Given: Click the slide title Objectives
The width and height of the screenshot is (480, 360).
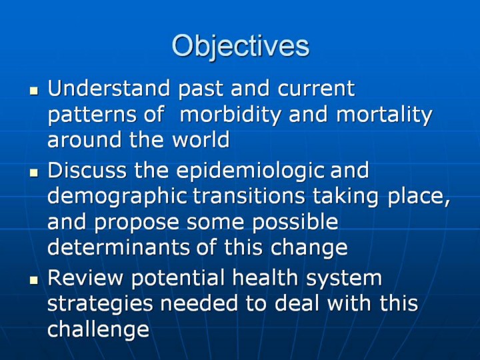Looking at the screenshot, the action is click(241, 46).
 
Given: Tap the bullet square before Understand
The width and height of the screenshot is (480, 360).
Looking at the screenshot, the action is click(34, 91).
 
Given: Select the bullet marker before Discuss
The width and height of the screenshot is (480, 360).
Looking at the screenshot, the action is click(34, 173).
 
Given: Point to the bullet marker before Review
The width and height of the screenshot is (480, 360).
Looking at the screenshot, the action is click(34, 280).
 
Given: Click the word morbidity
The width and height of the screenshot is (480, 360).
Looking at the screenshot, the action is click(230, 115).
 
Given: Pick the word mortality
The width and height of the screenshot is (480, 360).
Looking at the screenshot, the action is click(384, 115).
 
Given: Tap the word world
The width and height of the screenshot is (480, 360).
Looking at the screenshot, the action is click(201, 139).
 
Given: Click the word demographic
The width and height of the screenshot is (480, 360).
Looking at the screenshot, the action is click(117, 197).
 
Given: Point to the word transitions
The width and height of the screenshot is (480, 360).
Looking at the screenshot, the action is click(249, 196).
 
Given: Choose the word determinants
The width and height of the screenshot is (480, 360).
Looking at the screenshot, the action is click(119, 247).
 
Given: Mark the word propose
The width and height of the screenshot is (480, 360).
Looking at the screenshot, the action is click(137, 223).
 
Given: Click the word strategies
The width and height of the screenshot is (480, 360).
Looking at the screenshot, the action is click(100, 304).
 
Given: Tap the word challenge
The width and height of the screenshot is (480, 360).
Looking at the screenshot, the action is click(99, 329).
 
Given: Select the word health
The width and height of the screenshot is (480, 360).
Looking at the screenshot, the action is click(265, 277).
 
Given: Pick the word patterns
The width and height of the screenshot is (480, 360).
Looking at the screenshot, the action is click(92, 116).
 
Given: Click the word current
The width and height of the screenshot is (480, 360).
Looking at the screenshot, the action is click(316, 89).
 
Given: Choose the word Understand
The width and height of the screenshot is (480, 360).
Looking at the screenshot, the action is click(109, 88).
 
